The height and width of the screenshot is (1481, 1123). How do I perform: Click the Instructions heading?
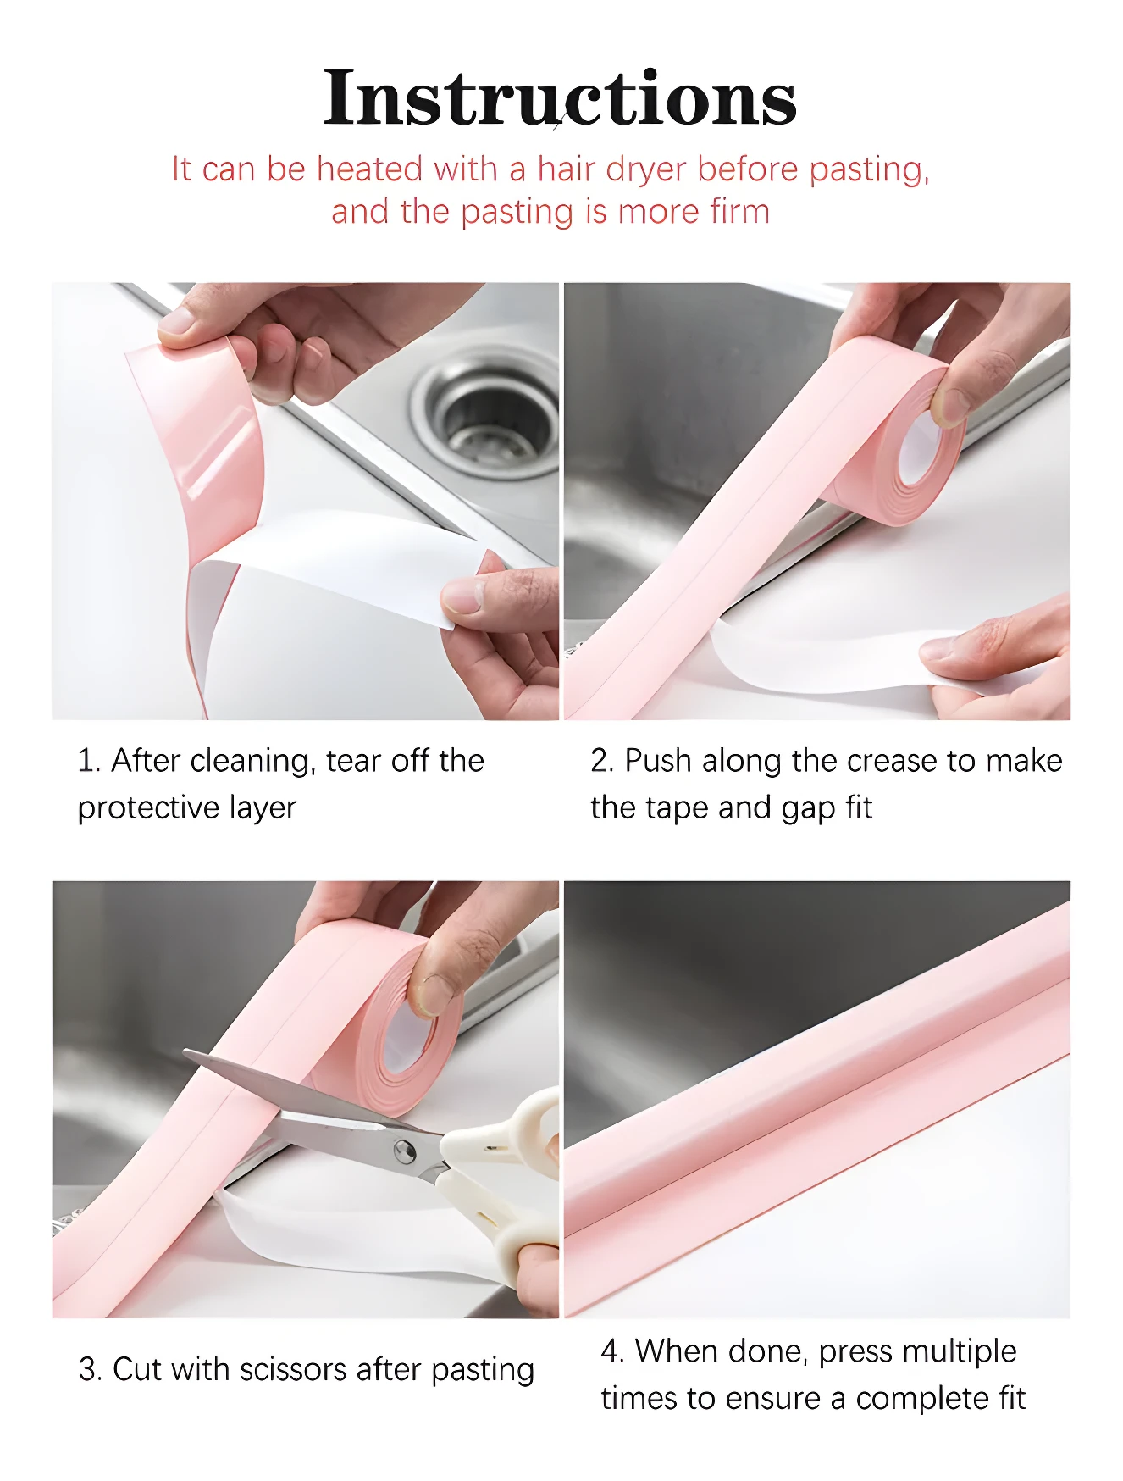tap(559, 98)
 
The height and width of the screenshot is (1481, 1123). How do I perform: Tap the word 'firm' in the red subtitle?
tap(739, 212)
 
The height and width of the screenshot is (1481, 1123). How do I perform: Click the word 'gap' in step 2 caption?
tap(808, 809)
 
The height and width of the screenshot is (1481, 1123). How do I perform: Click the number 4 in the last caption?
tap(610, 1351)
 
